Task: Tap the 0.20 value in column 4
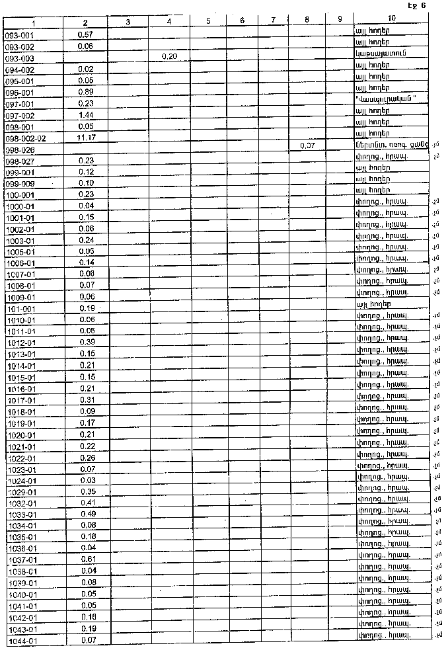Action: click(x=169, y=57)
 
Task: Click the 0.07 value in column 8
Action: click(x=307, y=145)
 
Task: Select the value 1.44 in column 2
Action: click(x=86, y=115)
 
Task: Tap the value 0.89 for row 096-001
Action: click(x=86, y=91)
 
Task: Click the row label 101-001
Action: click(x=20, y=309)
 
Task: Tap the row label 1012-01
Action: click(x=21, y=343)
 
